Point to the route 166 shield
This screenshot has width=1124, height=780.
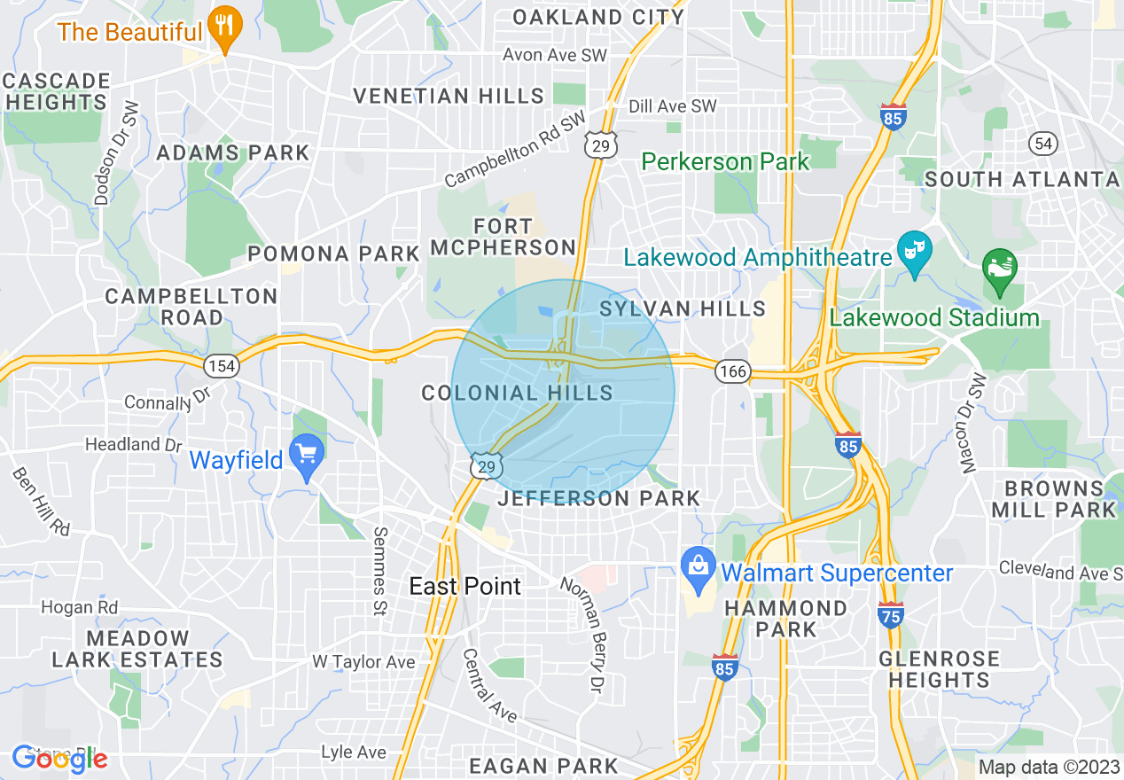(733, 371)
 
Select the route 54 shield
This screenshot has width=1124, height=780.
(1042, 143)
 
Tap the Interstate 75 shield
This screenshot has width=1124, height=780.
(891, 614)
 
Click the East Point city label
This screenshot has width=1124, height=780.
(464, 586)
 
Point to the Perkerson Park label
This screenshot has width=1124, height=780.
(725, 161)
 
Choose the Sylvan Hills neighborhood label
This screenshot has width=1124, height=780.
(683, 308)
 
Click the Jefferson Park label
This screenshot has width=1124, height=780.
(599, 498)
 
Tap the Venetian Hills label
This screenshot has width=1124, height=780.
(449, 96)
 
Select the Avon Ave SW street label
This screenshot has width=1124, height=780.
(554, 55)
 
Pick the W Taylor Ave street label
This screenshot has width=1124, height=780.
(363, 661)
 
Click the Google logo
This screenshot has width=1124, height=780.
(59, 758)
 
